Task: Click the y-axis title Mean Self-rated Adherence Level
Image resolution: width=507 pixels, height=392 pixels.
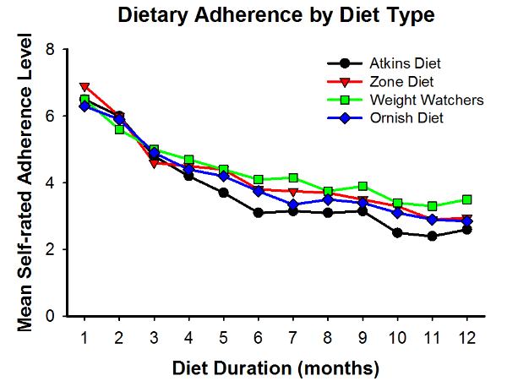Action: [x=30, y=182]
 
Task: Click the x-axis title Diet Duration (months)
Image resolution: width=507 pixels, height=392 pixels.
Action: [x=275, y=368]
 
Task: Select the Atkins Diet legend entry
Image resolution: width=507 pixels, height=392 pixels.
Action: [x=405, y=63]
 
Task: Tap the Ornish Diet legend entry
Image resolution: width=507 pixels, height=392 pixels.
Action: [x=405, y=118]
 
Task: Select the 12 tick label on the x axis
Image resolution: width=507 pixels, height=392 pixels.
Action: [x=466, y=338]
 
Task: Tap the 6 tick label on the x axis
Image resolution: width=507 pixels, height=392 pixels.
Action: [x=258, y=338]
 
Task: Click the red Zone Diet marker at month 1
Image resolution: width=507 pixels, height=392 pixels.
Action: [x=84, y=87]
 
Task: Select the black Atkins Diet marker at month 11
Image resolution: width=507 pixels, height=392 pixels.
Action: [x=431, y=237]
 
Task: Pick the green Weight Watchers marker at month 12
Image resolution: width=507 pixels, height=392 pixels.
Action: [x=466, y=199]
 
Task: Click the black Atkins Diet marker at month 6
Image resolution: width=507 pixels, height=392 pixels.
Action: [x=258, y=213]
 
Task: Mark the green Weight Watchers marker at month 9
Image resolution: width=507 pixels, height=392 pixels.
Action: [x=362, y=186]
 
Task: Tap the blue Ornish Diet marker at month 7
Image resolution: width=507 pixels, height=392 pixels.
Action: [x=292, y=204]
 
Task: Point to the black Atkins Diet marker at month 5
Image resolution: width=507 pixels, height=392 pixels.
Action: [x=223, y=193]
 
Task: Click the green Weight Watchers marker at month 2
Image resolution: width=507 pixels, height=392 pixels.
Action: [x=119, y=129]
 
